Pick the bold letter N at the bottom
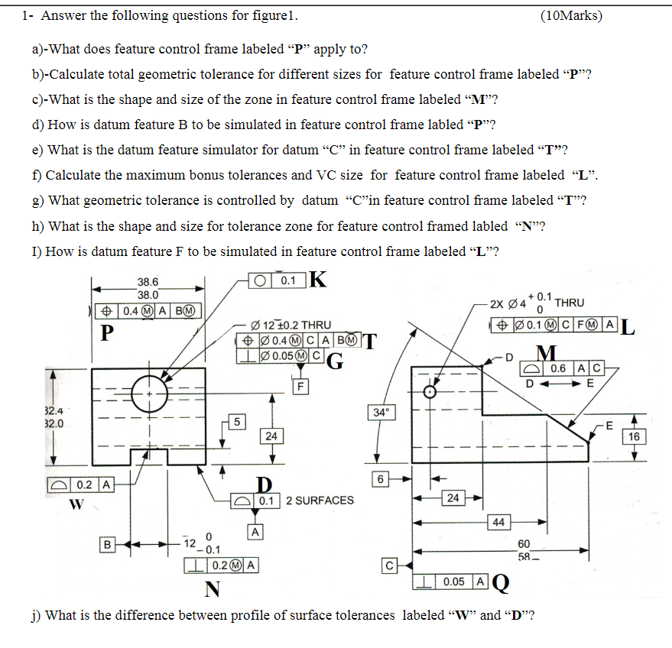pyautogui.click(x=213, y=589)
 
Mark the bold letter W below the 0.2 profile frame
pyautogui.click(x=76, y=504)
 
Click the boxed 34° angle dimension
pyautogui.click(x=380, y=413)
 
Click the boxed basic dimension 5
pyautogui.click(x=237, y=421)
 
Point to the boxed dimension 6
pyautogui.click(x=380, y=478)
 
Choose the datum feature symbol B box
pyautogui.click(x=109, y=545)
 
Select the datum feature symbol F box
pyautogui.click(x=302, y=386)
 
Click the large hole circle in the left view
pyautogui.click(x=150, y=394)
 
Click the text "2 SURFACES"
pyautogui.click(x=320, y=501)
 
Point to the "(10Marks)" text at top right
pyautogui.click(x=570, y=15)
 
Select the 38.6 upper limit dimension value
pyautogui.click(x=148, y=282)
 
